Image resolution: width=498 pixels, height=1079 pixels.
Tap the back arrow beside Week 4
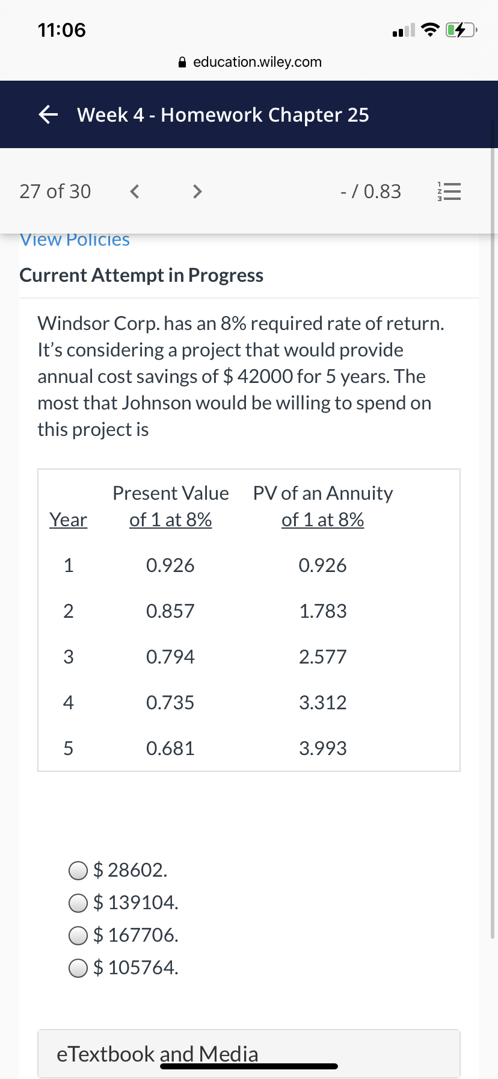click(x=48, y=114)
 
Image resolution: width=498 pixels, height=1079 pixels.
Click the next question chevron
click(x=197, y=191)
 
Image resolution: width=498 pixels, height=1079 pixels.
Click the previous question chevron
click(x=135, y=191)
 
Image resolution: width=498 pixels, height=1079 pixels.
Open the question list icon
click(x=448, y=192)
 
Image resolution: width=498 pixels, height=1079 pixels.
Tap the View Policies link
click(x=75, y=240)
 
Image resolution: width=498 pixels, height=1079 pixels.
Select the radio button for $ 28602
click(x=78, y=870)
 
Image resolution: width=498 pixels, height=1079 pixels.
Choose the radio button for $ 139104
click(x=78, y=903)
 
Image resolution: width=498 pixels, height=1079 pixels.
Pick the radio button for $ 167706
click(x=78, y=935)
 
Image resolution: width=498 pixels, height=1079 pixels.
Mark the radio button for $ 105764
click(x=78, y=968)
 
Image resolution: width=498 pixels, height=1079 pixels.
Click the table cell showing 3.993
click(x=323, y=748)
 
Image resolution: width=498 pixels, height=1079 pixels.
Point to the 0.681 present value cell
click(x=170, y=748)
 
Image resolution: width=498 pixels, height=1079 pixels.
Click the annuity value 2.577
click(x=323, y=657)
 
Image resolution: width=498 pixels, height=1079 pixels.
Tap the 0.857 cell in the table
click(x=170, y=611)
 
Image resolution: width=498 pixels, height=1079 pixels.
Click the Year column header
click(x=69, y=520)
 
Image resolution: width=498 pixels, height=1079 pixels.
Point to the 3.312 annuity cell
click(x=323, y=703)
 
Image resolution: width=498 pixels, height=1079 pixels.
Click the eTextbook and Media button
click(x=249, y=1054)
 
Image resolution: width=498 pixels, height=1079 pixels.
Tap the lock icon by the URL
click(x=183, y=62)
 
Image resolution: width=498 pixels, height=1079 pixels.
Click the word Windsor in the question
click(x=73, y=323)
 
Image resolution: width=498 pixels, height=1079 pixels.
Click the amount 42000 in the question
click(x=265, y=376)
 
